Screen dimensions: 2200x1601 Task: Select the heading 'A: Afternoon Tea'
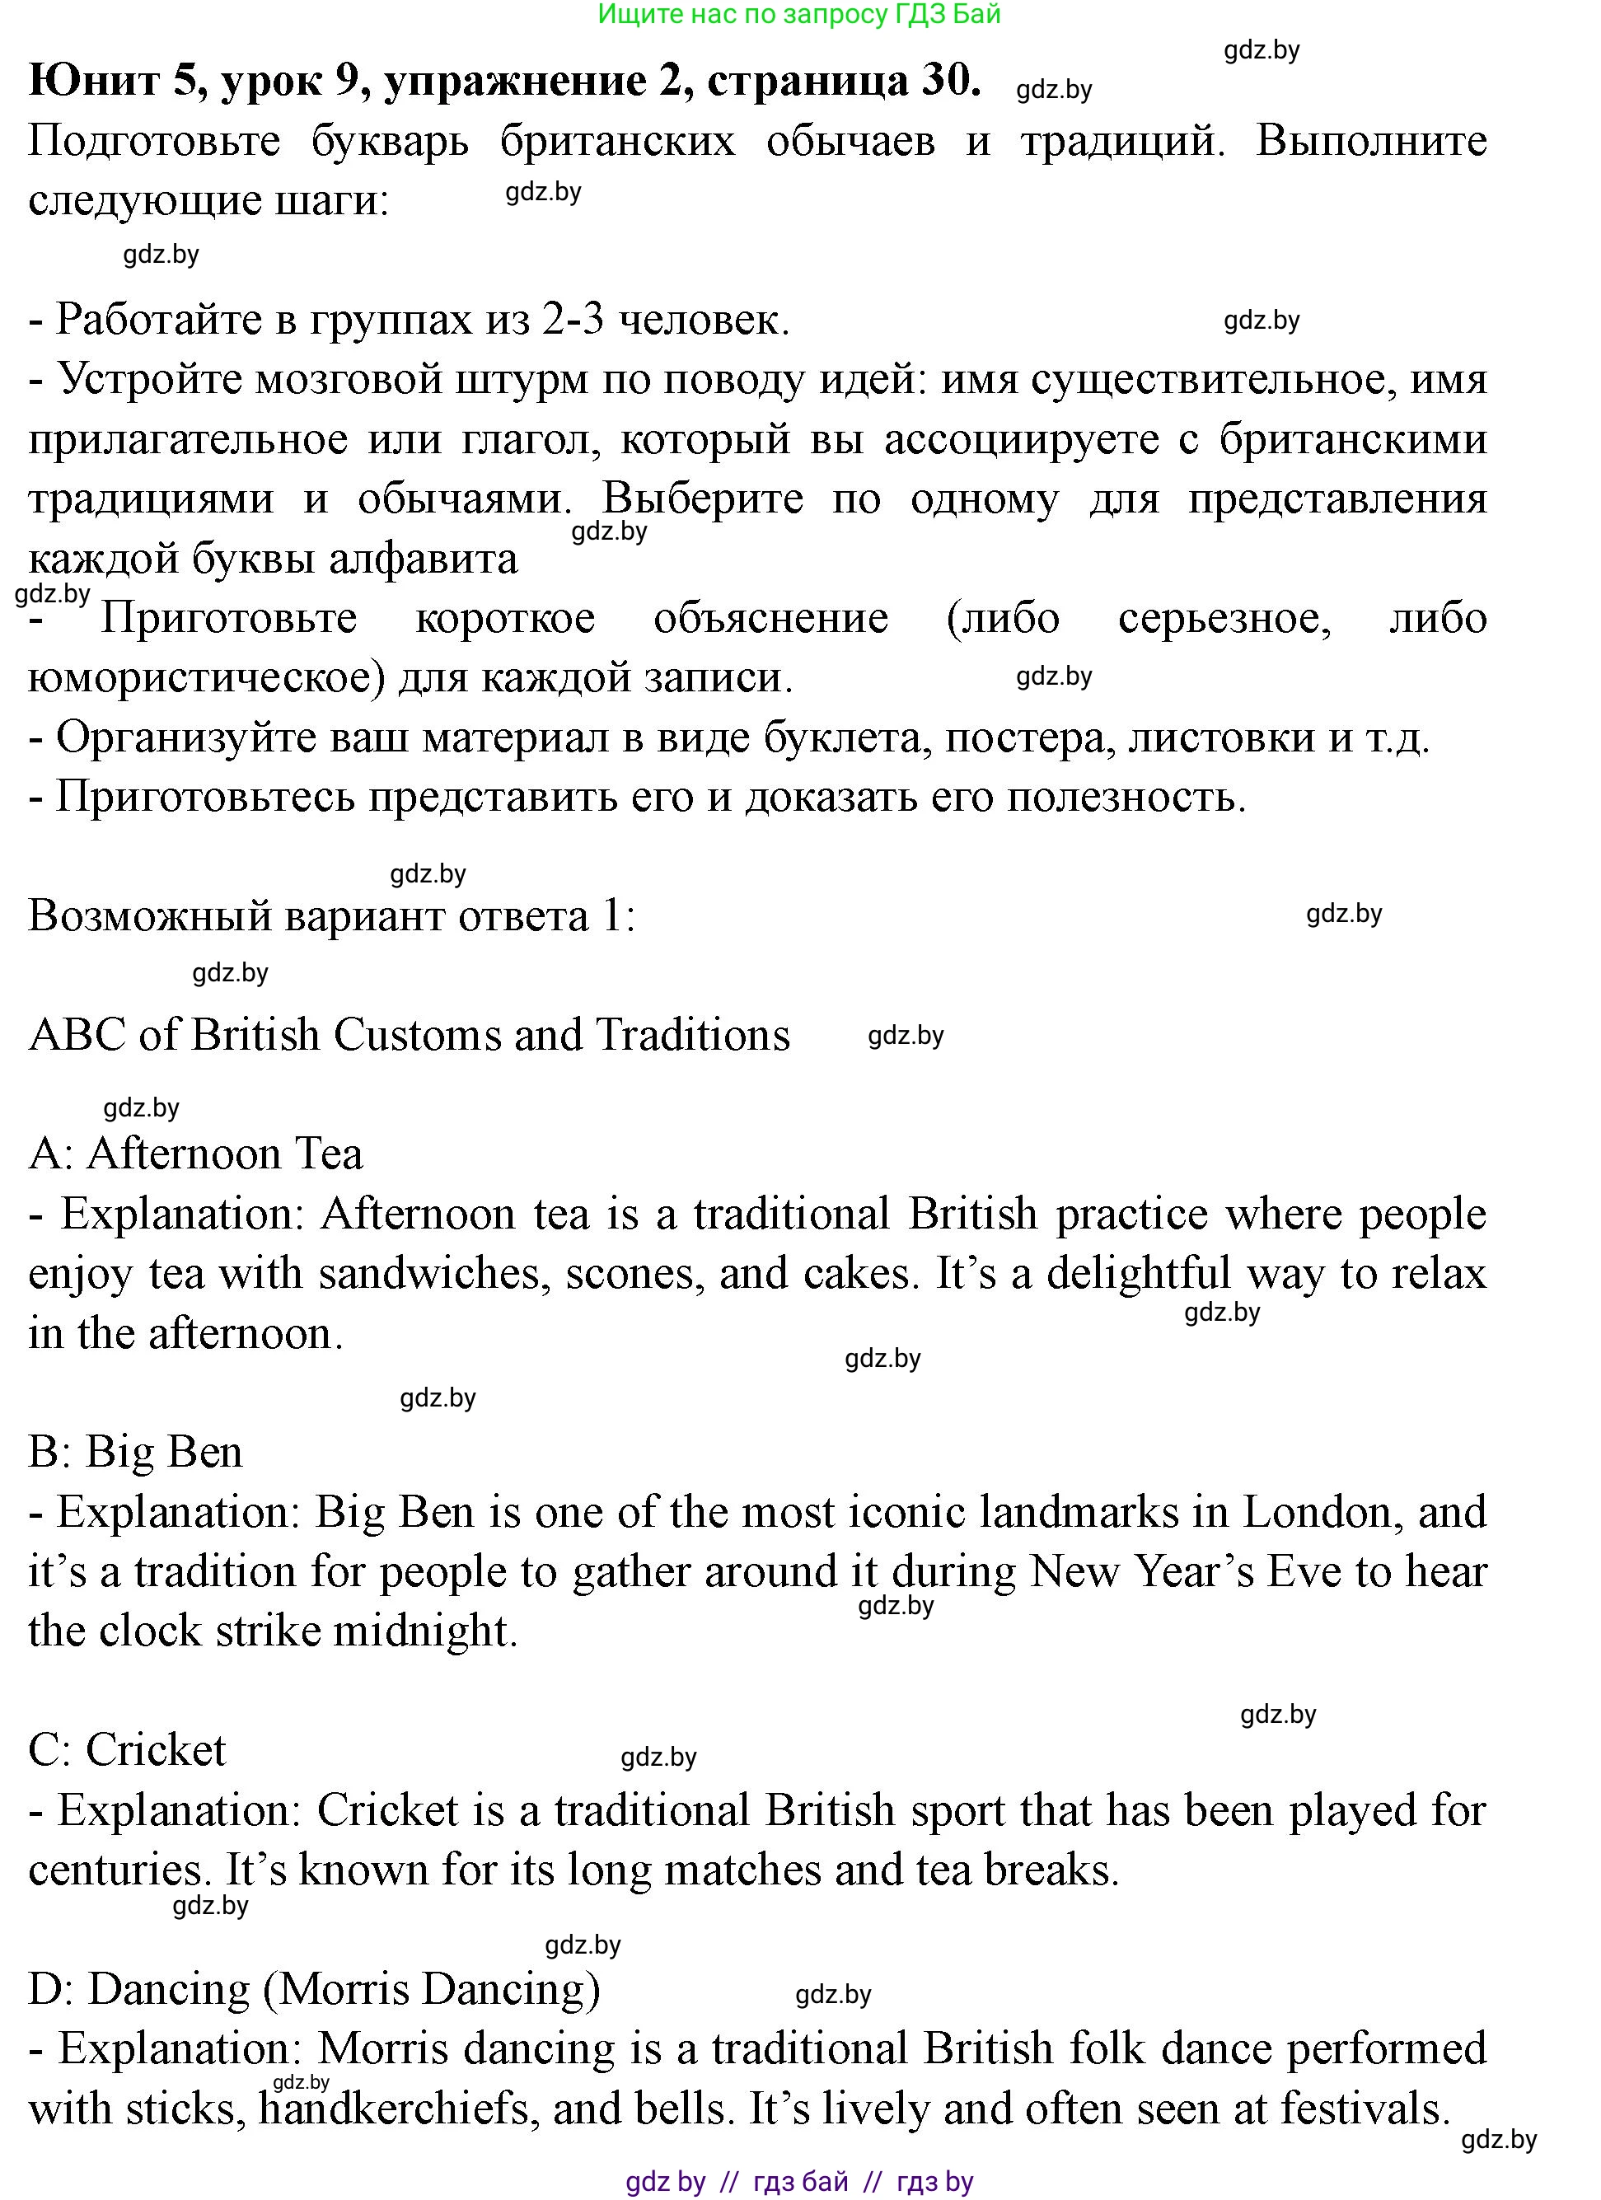click(x=196, y=1154)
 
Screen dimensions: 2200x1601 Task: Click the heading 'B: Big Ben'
click(x=136, y=1452)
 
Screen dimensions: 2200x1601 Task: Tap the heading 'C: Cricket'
click(x=127, y=1750)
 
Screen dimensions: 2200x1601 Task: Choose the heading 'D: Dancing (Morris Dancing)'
click(x=315, y=1988)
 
